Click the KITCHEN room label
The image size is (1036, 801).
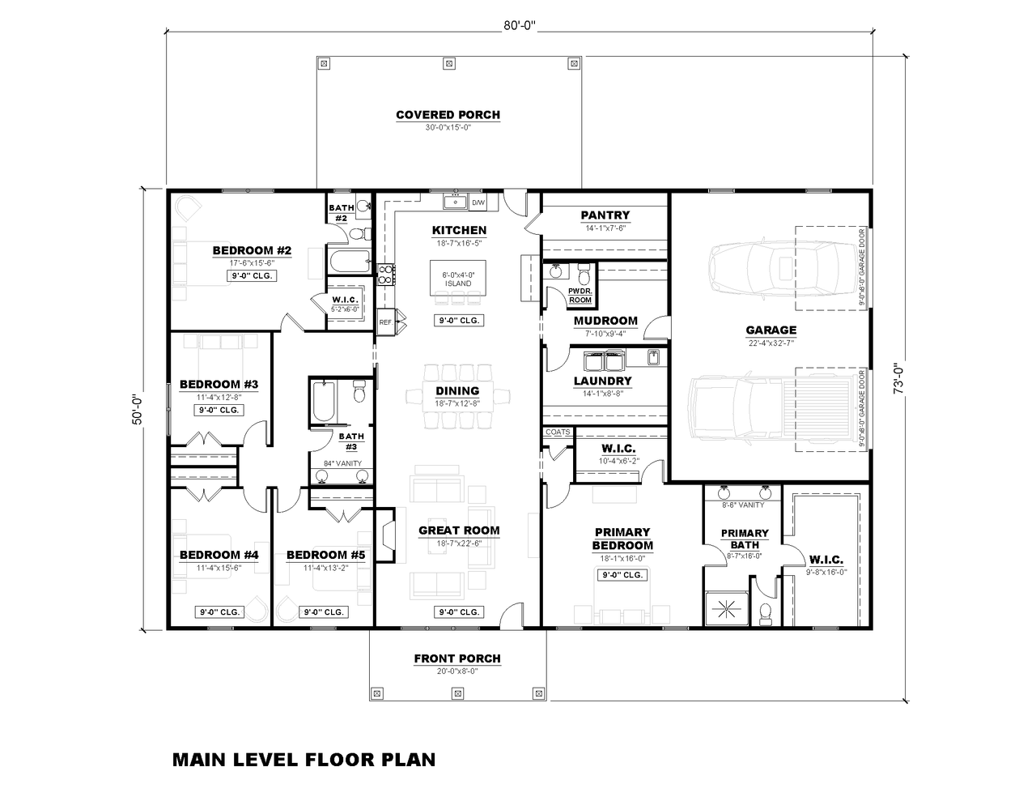459,231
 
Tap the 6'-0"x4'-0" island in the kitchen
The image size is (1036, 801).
458,279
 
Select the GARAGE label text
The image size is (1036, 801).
771,330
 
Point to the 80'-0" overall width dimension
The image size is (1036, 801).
520,26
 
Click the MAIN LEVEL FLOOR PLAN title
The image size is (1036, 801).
304,760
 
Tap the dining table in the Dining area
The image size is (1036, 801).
458,394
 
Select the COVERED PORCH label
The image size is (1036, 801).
448,115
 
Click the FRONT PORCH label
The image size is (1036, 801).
457,659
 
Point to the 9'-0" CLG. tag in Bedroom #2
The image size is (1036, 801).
252,275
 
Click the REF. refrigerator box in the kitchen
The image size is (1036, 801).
386,322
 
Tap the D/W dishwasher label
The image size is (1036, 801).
478,202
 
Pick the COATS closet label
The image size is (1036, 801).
558,432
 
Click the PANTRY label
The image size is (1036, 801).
605,215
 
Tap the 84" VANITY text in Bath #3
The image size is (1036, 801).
342,464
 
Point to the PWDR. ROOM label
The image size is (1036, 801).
580,295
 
